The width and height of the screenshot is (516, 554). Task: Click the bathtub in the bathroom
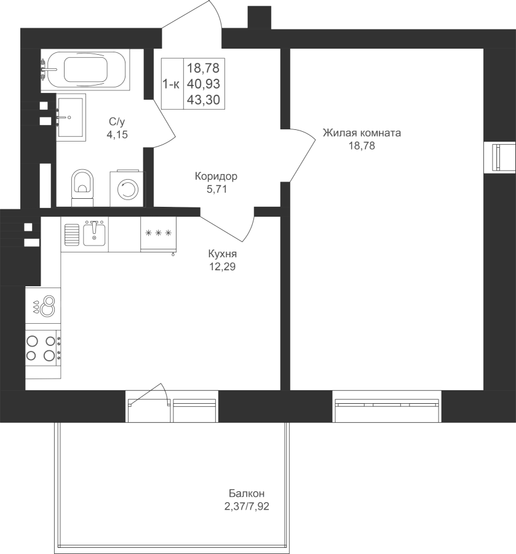(x=85, y=70)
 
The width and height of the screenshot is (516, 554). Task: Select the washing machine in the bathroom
(x=128, y=189)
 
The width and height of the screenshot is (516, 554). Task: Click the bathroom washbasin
(x=71, y=118)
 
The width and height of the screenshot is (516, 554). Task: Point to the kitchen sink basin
(x=94, y=233)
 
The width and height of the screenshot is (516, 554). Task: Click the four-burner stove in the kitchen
(x=43, y=348)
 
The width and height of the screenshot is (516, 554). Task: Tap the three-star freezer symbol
(x=158, y=233)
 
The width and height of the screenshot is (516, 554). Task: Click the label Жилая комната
(x=362, y=133)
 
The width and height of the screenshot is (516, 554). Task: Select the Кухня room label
(x=223, y=254)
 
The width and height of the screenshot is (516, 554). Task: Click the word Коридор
(x=216, y=176)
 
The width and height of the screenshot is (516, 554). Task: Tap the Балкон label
(x=247, y=493)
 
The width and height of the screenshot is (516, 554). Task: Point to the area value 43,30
(x=204, y=100)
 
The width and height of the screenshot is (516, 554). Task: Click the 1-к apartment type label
(x=171, y=84)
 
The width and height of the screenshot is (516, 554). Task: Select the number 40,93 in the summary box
(x=204, y=84)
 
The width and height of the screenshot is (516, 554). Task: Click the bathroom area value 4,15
(x=117, y=135)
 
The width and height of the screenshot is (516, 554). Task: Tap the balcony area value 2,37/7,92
(x=247, y=507)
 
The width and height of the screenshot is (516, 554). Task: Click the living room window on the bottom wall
(x=387, y=406)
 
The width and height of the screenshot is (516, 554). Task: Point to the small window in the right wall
(x=500, y=157)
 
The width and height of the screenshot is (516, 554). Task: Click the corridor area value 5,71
(x=216, y=190)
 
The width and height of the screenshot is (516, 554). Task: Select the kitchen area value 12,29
(x=223, y=267)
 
